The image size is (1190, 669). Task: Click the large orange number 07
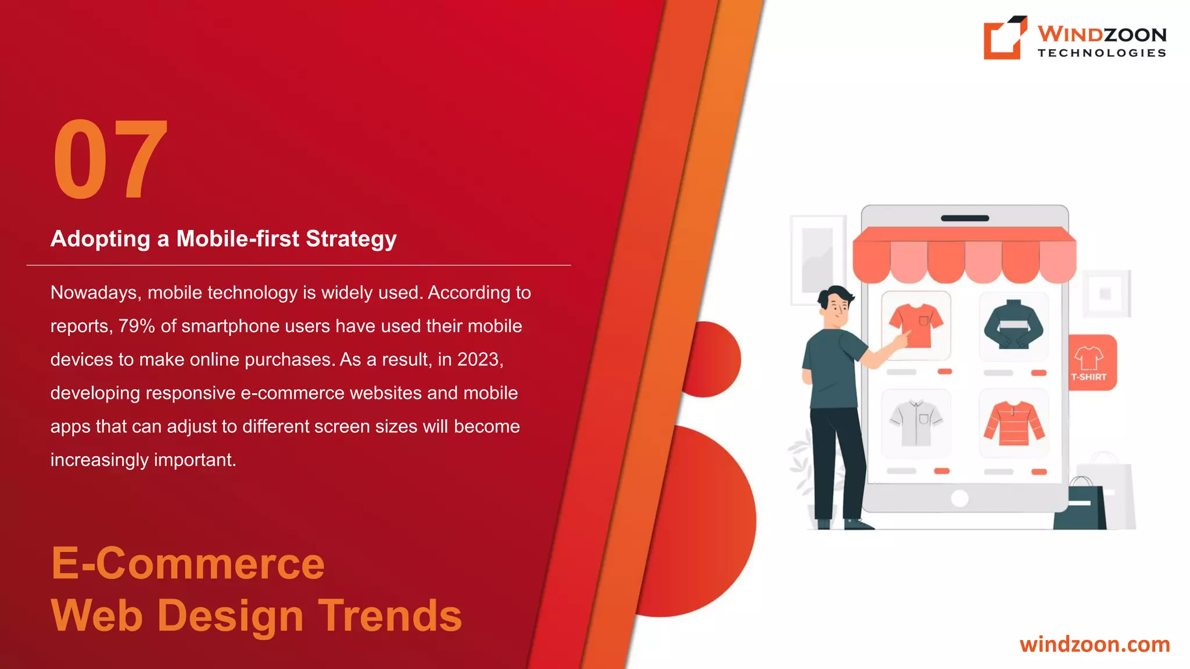point(110,160)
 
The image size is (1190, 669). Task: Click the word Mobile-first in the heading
point(238,239)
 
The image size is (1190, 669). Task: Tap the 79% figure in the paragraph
point(137,326)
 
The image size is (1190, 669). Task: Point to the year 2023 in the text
point(478,359)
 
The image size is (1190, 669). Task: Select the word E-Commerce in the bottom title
point(188,564)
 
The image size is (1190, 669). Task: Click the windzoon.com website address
point(1095,645)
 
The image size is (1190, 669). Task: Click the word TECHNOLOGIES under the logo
point(1102,53)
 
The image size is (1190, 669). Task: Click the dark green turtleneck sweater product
point(1013,325)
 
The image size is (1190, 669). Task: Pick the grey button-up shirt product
point(916,423)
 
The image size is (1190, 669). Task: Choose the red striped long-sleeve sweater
point(1013,423)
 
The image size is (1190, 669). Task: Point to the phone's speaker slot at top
point(965,218)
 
